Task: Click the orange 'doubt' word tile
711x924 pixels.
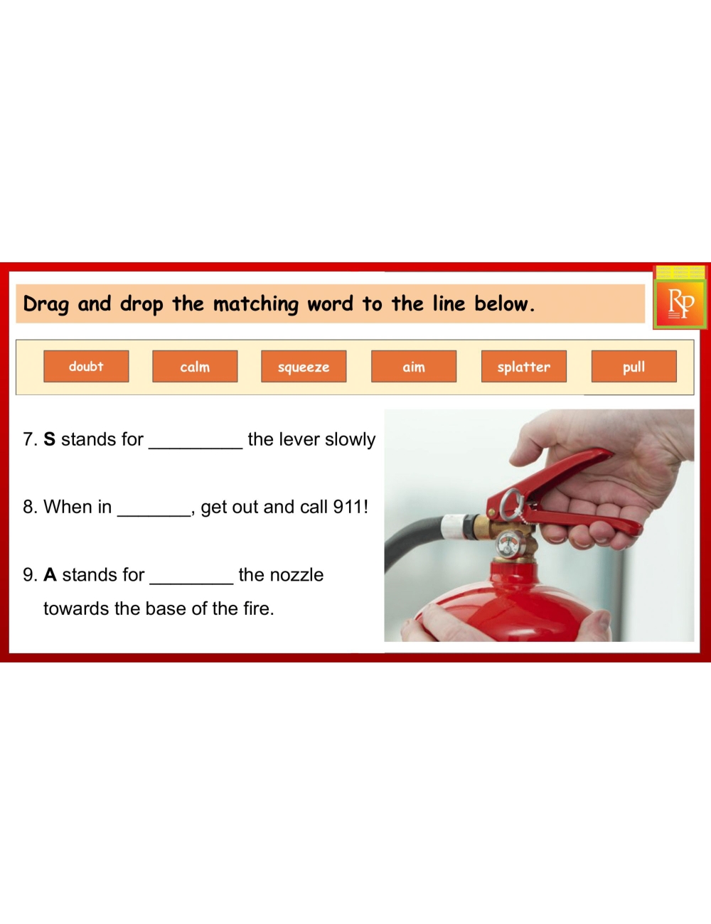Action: point(86,366)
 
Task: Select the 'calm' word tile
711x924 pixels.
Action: point(195,366)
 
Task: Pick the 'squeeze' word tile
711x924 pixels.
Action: point(304,366)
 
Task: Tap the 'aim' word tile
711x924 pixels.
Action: point(414,366)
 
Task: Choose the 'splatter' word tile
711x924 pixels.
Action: point(524,366)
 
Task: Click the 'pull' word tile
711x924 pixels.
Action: point(634,366)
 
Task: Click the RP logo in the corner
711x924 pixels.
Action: point(680,303)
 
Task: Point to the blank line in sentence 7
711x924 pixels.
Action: point(196,448)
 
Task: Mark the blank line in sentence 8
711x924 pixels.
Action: point(154,515)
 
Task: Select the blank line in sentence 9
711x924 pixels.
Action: point(191,584)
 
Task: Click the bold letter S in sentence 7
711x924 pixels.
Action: point(49,439)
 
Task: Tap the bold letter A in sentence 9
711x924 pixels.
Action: point(50,575)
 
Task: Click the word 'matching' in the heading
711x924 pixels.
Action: point(255,304)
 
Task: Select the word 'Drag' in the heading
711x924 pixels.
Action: point(46,304)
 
